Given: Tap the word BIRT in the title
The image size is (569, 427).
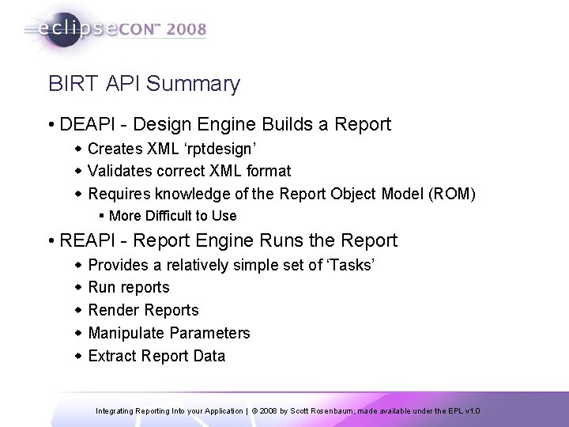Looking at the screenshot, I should (70, 84).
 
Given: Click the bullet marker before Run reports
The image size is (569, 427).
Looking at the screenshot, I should (77, 287).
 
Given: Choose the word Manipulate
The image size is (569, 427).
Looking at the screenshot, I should (126, 333).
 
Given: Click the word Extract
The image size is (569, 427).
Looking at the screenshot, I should (113, 356).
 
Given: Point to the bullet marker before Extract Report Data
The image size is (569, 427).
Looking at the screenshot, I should (77, 356).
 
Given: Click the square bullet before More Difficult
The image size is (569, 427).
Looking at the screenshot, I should (102, 216).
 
